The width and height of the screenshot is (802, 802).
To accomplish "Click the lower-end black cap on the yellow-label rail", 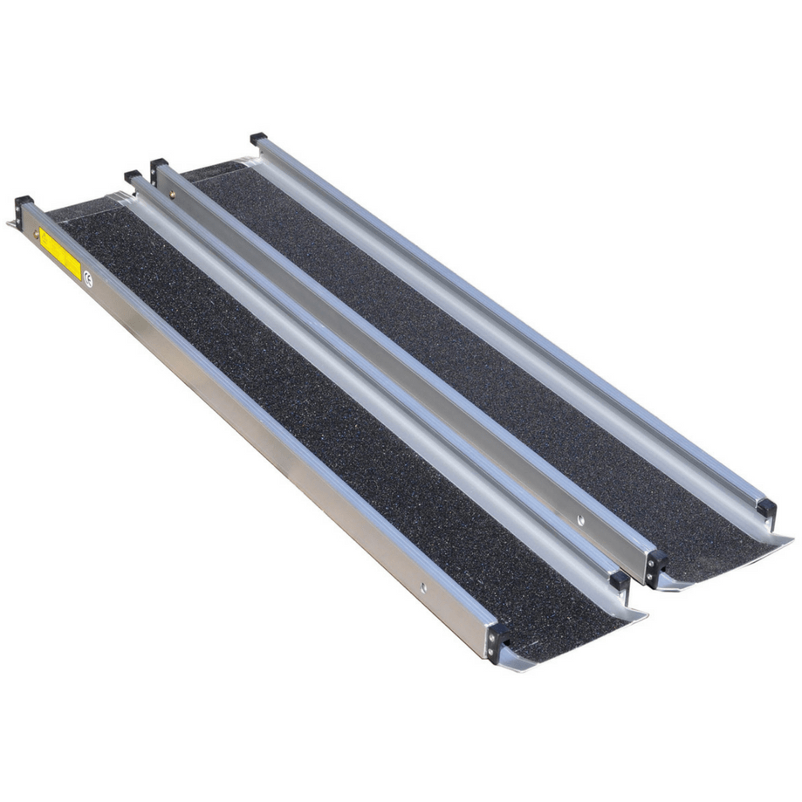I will point(497,641).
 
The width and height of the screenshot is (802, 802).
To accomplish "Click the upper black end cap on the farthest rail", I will point(258,139).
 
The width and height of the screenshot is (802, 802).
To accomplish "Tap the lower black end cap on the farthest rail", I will point(764,507).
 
